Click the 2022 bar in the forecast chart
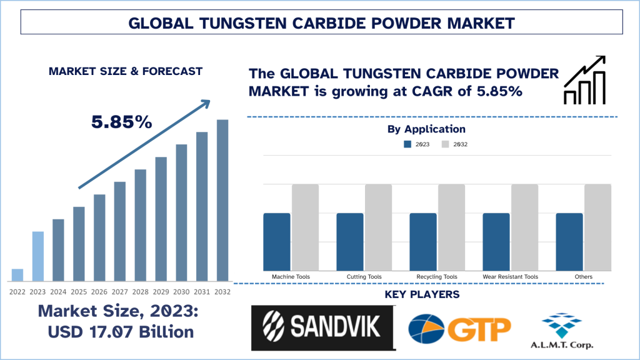coord(17,275)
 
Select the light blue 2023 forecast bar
coord(37,256)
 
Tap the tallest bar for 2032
coord(222,200)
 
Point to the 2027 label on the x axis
coord(120,292)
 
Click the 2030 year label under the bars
coord(181,292)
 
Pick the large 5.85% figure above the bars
coord(122,122)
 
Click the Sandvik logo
coord(323,327)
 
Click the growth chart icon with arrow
coord(584,80)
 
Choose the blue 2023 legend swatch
coord(407,144)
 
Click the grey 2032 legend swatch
coord(445,144)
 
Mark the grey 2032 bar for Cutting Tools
coord(378,227)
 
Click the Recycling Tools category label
coord(437,276)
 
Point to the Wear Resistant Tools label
coord(510,276)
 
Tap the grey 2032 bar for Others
coord(597,227)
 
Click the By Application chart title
coord(426,129)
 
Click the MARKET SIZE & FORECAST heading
coord(126,71)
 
